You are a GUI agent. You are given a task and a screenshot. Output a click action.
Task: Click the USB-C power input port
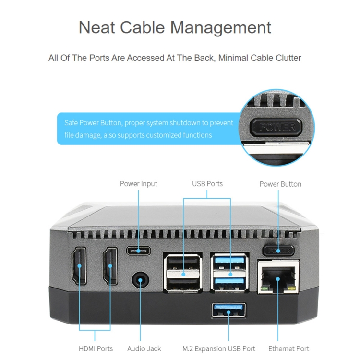pyautogui.click(x=138, y=251)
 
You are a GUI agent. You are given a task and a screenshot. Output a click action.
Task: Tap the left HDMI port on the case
pyautogui.click(x=79, y=266)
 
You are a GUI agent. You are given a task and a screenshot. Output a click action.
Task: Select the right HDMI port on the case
pyautogui.click(x=111, y=266)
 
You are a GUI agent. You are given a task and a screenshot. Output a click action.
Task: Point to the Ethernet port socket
pyautogui.click(x=278, y=277)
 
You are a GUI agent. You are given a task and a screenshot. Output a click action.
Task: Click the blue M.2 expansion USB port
pyautogui.click(x=228, y=311)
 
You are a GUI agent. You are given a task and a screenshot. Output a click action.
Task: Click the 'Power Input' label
pyautogui.click(x=138, y=184)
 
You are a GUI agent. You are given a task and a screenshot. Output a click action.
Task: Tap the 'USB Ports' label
pyautogui.click(x=207, y=184)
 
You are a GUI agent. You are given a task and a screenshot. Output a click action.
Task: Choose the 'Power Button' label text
pyautogui.click(x=280, y=184)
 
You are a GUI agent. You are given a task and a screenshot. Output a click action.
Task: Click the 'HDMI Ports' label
pyautogui.click(x=96, y=349)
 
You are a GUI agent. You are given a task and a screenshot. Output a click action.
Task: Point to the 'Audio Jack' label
pyautogui.click(x=144, y=349)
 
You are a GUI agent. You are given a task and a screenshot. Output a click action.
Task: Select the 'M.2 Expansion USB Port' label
pyautogui.click(x=219, y=349)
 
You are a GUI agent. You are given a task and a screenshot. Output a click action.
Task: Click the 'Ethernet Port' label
pyautogui.click(x=289, y=349)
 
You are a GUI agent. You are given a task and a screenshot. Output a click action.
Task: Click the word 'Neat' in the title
pyautogui.click(x=96, y=27)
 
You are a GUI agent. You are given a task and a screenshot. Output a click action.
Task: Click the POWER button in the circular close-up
pyautogui.click(x=277, y=127)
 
